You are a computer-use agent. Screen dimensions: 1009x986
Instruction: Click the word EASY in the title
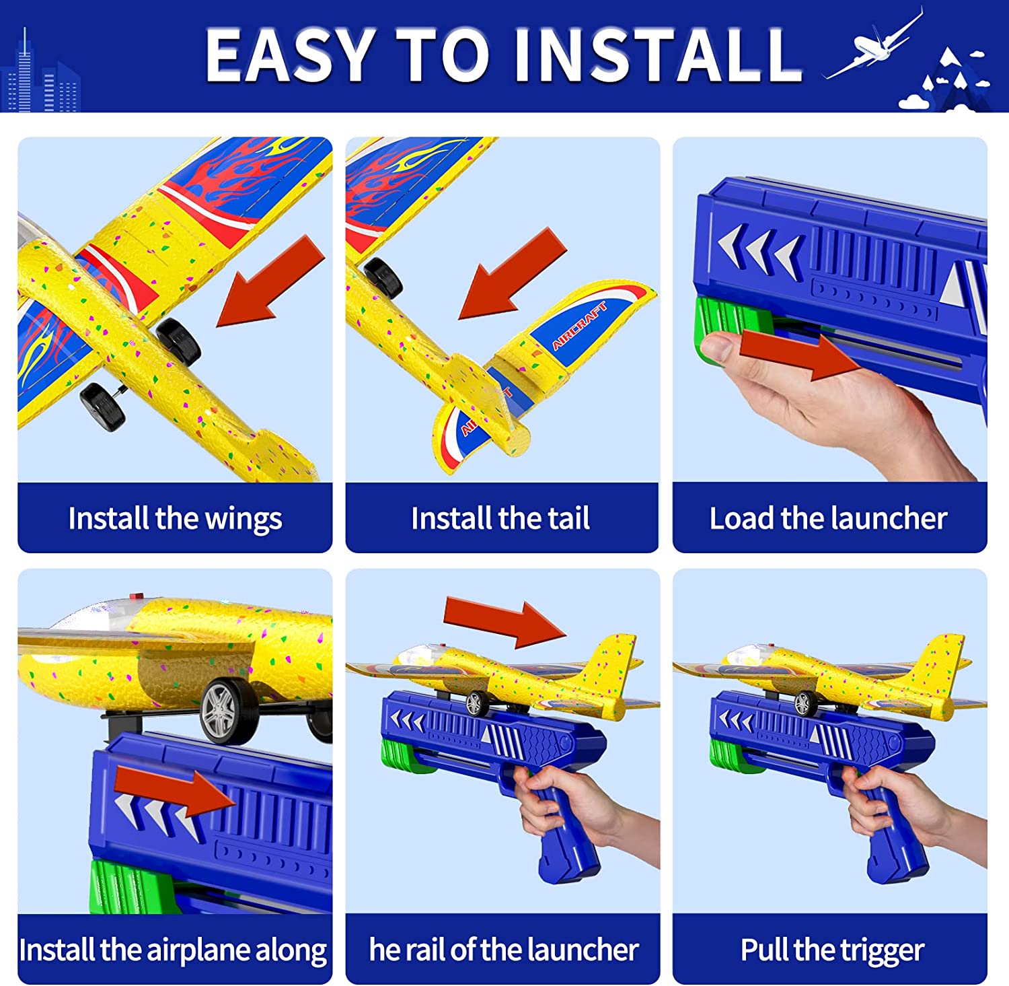point(290,55)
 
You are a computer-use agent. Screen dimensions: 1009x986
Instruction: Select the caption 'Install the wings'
point(176,519)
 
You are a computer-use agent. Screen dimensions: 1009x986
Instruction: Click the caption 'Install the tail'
point(500,518)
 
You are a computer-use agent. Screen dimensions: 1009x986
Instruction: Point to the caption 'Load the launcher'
point(829,518)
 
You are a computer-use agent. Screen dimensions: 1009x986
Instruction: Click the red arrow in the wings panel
point(270,281)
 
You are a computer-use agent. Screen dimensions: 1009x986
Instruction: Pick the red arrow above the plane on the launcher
point(505,621)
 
